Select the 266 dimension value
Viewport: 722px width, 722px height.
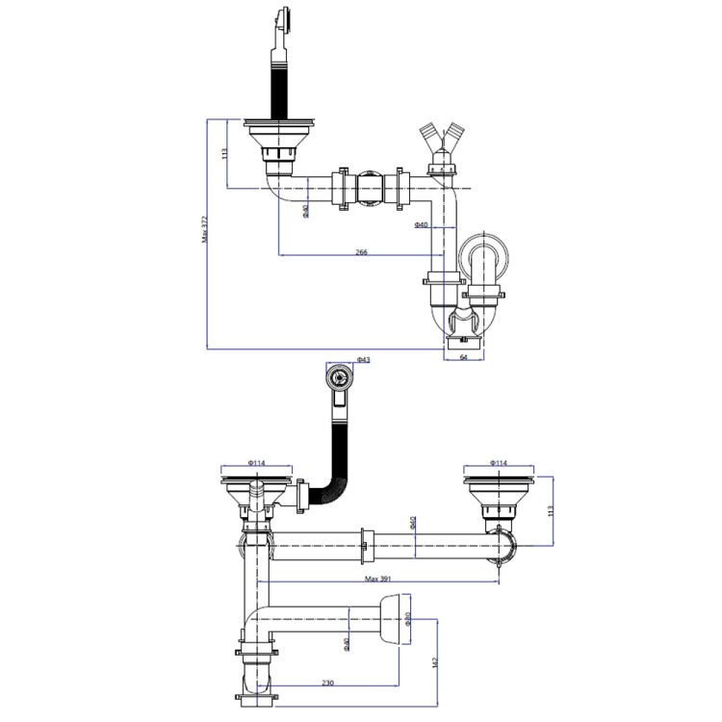point(361,251)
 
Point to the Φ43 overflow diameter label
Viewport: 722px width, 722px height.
point(363,360)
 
